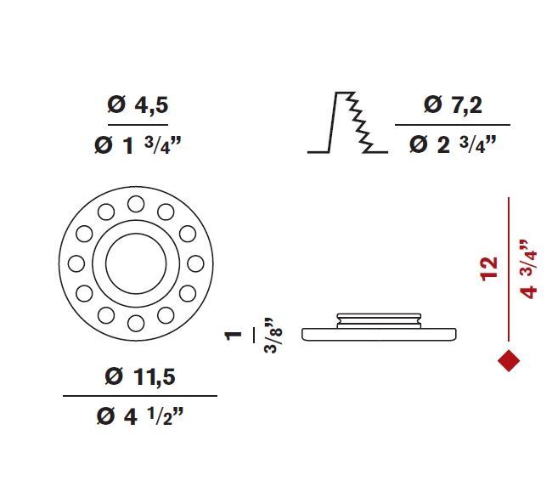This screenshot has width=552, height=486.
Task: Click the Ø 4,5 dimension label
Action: click(138, 105)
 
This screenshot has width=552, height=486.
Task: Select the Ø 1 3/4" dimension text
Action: click(138, 145)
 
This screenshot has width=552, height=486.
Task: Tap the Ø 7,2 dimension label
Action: click(453, 105)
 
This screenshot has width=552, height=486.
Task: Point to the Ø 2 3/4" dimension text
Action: click(453, 144)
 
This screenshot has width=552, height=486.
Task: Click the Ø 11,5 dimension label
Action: click(140, 376)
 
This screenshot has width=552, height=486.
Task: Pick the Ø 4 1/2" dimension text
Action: click(140, 416)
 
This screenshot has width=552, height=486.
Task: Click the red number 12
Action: click(489, 269)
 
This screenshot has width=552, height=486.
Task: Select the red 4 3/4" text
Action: click(528, 270)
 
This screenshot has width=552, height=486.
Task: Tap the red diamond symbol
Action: click(509, 360)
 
